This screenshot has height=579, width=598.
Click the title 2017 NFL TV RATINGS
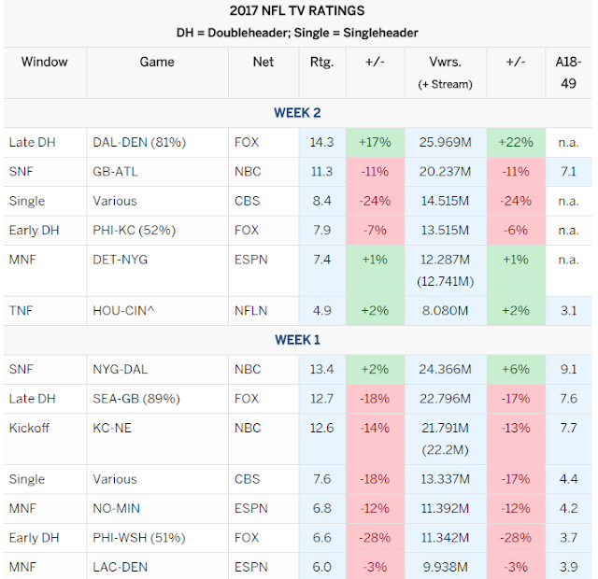pos(297,11)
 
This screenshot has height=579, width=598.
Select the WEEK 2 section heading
pos(297,113)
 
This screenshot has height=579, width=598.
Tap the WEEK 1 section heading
pos(297,340)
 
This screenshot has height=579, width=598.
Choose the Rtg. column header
pos(320,63)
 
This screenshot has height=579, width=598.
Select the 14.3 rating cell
pos(320,142)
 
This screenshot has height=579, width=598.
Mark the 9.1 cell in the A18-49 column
pos(570,369)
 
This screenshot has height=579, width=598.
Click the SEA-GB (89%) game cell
pos(136,399)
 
